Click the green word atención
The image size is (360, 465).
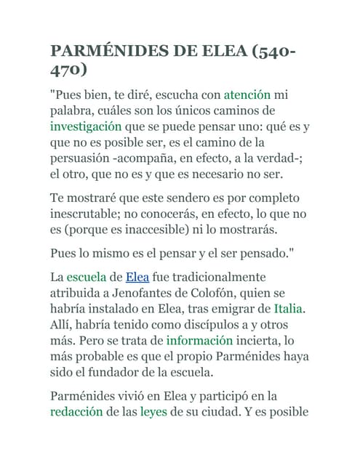247,94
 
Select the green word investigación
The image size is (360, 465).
85,126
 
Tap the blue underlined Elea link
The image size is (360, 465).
137,277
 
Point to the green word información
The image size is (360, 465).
199,340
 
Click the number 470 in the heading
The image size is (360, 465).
68,70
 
